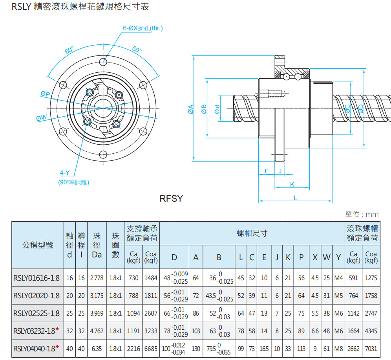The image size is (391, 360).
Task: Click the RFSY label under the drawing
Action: [171, 198]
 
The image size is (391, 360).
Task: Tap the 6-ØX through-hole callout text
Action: [143, 28]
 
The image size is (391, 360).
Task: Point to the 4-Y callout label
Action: [65, 173]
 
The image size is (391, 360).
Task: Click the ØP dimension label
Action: [45, 94]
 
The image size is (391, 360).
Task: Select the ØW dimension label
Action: [41, 118]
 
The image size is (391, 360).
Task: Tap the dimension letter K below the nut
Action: [292, 184]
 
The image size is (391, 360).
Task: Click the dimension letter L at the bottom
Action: [295, 198]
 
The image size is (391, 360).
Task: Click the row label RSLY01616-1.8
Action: [37, 278]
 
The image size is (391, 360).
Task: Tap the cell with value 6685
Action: [151, 349]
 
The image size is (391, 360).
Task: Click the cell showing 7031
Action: [371, 349]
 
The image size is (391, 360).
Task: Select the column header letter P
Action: [301, 257]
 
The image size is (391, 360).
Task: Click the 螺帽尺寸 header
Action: [252, 233]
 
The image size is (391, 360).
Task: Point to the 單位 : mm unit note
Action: [362, 214]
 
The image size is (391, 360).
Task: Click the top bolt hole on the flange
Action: [103, 62]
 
